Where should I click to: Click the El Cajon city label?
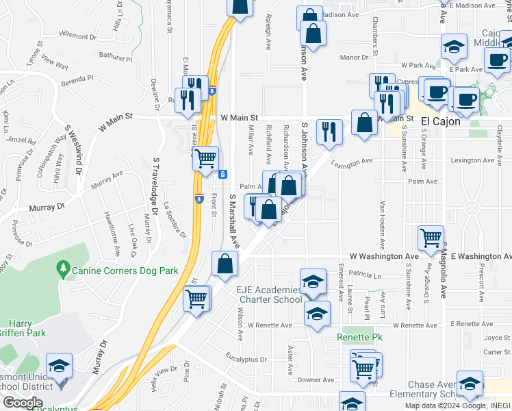444,121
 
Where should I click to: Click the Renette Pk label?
359,338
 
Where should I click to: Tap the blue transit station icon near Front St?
223,174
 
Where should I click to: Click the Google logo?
23,402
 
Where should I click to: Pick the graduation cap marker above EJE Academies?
313,282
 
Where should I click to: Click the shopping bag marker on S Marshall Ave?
225,264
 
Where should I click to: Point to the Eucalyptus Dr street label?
246,358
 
